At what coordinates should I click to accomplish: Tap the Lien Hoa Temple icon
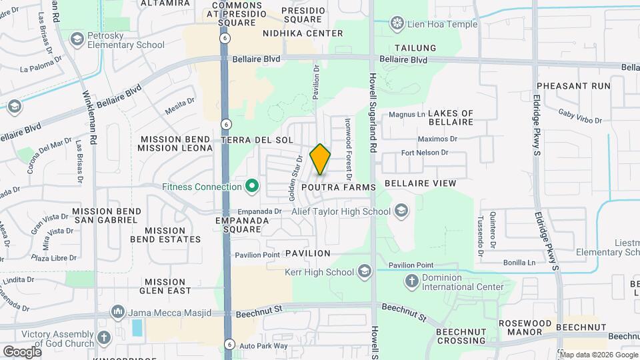pos(398,25)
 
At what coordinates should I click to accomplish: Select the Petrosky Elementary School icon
pos(77,39)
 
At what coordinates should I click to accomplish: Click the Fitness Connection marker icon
pos(252,186)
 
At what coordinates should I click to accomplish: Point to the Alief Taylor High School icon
pos(401,212)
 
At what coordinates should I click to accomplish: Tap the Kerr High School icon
pos(364,271)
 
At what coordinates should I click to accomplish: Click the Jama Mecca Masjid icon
pos(118,311)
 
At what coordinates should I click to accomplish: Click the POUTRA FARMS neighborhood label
pos(339,188)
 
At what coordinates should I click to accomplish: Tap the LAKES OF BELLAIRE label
pos(451,117)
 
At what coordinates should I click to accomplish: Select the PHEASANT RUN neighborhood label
pos(573,86)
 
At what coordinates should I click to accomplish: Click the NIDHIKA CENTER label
pos(303,33)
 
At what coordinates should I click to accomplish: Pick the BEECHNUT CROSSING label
pos(466,336)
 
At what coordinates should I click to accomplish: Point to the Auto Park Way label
pos(263,346)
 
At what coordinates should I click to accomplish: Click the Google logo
pos(22,351)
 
